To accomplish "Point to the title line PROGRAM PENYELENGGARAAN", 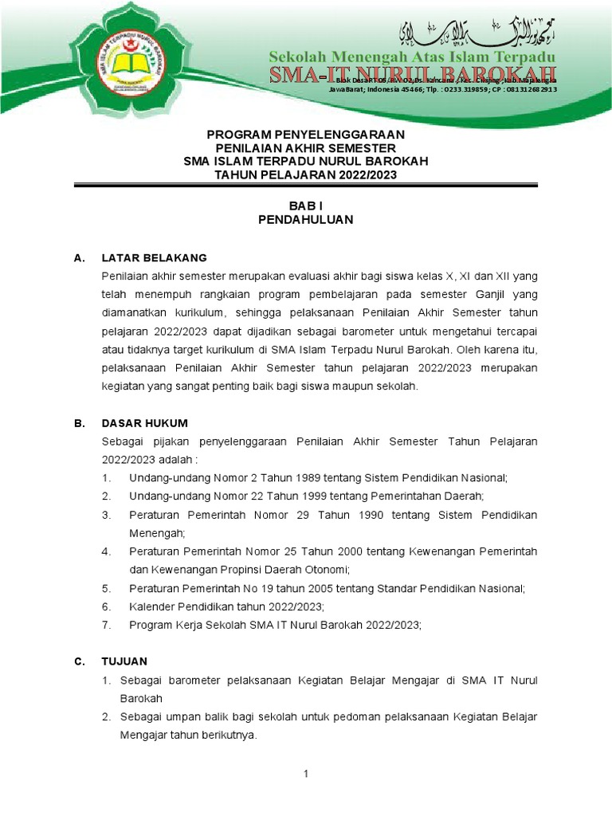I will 306,134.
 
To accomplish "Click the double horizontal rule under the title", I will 306,186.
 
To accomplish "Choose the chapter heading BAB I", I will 306,205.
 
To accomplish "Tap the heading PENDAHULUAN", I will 306,219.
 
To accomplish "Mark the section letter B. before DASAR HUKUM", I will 79,423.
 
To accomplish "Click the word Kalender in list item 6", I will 151,606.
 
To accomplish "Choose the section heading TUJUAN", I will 124,661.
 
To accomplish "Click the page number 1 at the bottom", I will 305,775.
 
